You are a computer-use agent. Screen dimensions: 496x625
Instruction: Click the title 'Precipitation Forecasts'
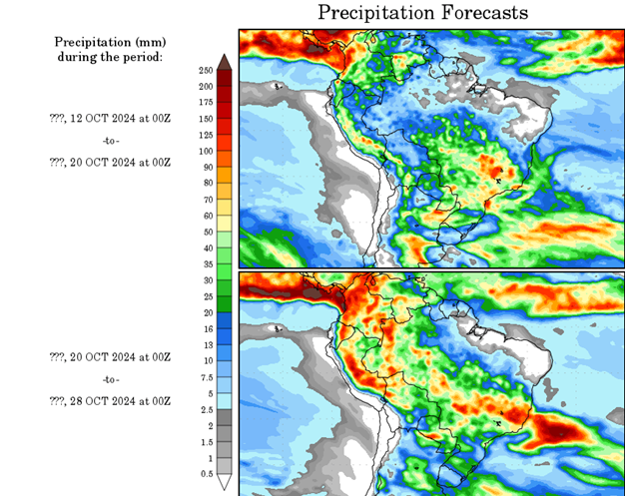(x=422, y=13)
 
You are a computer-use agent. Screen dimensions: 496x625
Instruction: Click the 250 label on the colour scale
(x=207, y=70)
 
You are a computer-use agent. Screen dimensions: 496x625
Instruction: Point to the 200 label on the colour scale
(x=207, y=86)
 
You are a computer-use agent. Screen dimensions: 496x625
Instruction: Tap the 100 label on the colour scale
(x=207, y=151)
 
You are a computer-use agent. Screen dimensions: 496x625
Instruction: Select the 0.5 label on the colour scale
(x=207, y=473)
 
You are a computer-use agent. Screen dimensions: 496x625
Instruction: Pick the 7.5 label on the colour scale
(x=207, y=376)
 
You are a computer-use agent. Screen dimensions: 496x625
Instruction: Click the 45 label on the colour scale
(x=207, y=248)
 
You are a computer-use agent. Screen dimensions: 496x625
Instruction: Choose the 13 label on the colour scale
(x=207, y=344)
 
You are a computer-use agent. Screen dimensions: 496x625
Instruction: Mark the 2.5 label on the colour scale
(x=207, y=409)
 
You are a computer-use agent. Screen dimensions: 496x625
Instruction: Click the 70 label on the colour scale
(x=207, y=199)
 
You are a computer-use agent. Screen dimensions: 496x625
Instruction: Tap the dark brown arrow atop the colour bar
(x=226, y=62)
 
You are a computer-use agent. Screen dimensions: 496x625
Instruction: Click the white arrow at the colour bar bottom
(x=226, y=482)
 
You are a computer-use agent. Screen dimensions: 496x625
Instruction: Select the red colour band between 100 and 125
(x=226, y=143)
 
